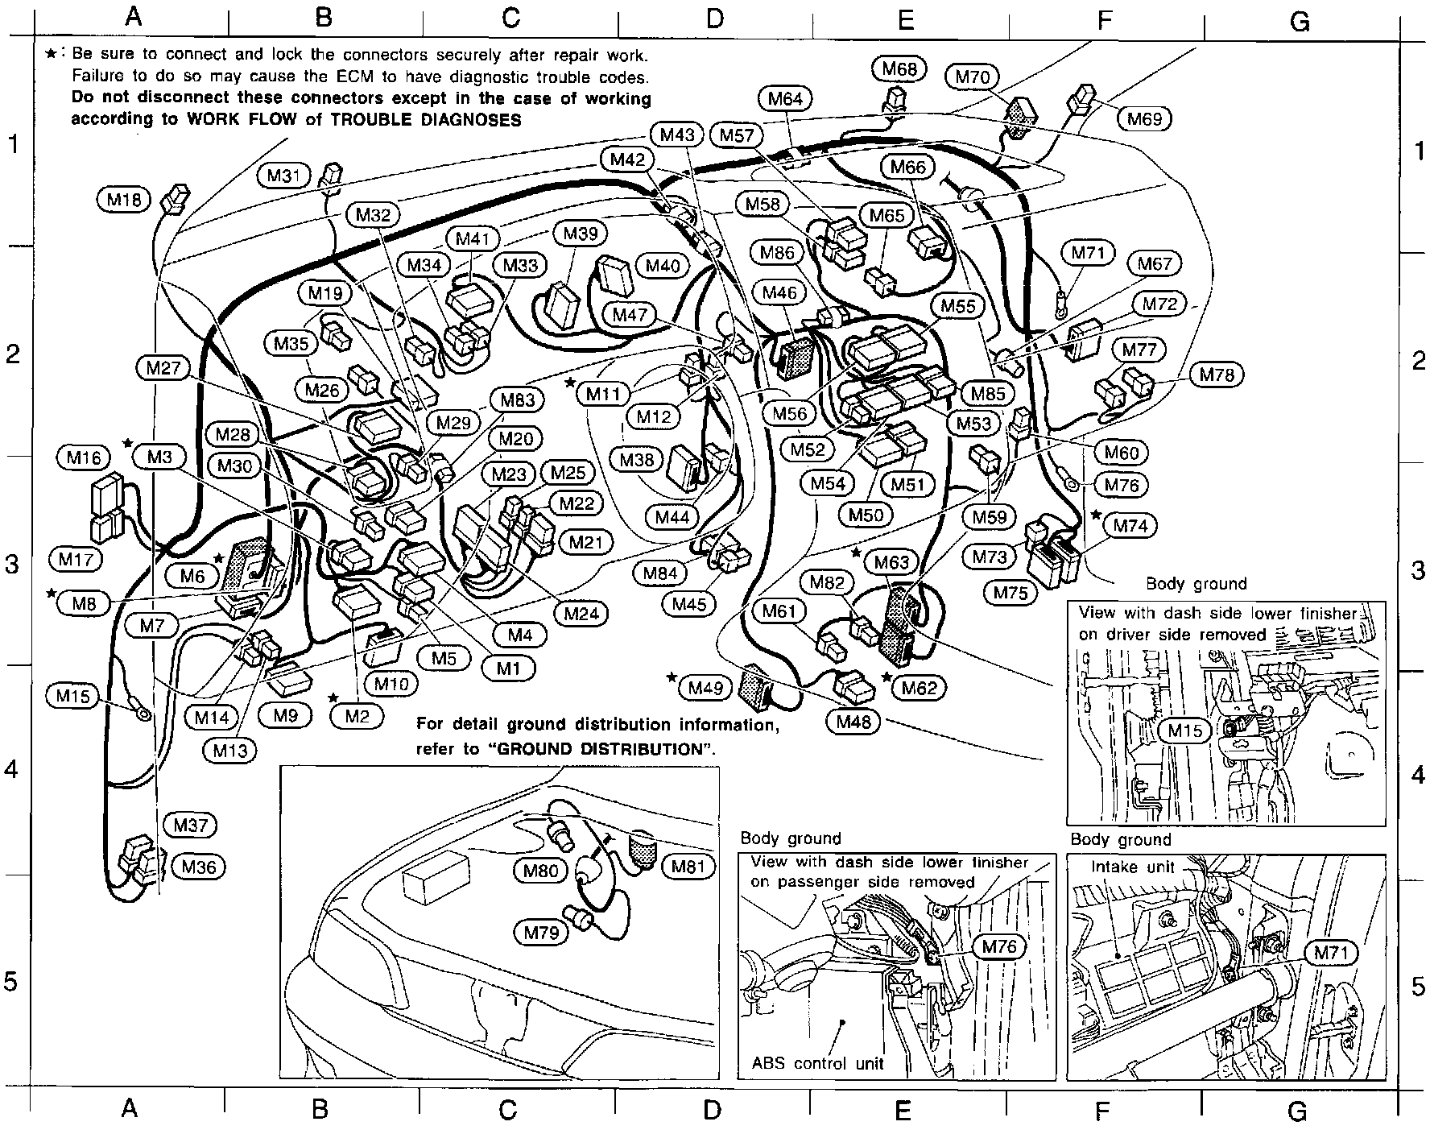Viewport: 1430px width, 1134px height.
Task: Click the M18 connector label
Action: [123, 199]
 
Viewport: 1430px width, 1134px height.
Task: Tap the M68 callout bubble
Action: [899, 69]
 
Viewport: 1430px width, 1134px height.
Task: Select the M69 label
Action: [1144, 119]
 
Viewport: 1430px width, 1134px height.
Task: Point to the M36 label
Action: [198, 867]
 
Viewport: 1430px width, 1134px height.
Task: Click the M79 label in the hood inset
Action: [541, 933]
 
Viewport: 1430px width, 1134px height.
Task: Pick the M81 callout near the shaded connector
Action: [688, 867]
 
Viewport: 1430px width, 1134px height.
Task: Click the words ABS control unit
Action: [818, 1063]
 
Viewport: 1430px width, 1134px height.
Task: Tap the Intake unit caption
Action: [1133, 867]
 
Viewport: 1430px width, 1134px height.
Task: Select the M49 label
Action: [705, 688]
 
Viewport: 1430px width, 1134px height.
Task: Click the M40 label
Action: [663, 266]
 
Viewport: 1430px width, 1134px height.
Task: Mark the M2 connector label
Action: [357, 715]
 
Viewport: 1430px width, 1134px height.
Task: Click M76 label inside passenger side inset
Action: [1000, 946]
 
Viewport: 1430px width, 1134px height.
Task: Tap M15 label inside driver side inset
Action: [1184, 730]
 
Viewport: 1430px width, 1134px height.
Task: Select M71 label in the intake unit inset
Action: [1330, 953]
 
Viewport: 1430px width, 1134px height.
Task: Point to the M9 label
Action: [286, 715]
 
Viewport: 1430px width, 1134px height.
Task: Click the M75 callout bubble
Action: [1011, 593]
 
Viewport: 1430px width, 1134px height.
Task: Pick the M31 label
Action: [283, 176]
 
